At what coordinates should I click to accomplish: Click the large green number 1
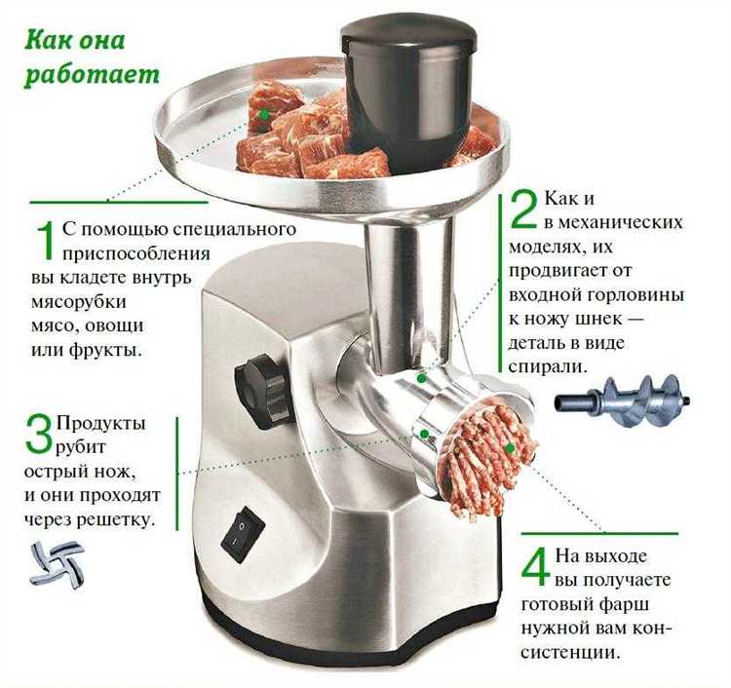tap(45, 241)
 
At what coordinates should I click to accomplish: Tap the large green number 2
tap(524, 210)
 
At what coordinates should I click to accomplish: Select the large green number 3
tap(38, 435)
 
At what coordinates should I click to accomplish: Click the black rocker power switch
tap(243, 535)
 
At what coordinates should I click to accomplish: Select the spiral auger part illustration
tap(623, 400)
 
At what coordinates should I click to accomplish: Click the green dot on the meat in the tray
tap(264, 114)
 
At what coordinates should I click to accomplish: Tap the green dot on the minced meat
tap(510, 448)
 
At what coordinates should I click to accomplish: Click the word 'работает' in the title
tap(92, 75)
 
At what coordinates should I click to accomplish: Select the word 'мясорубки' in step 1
tap(78, 302)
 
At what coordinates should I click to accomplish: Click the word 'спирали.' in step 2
tap(547, 367)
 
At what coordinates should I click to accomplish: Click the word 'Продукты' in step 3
tap(100, 423)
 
